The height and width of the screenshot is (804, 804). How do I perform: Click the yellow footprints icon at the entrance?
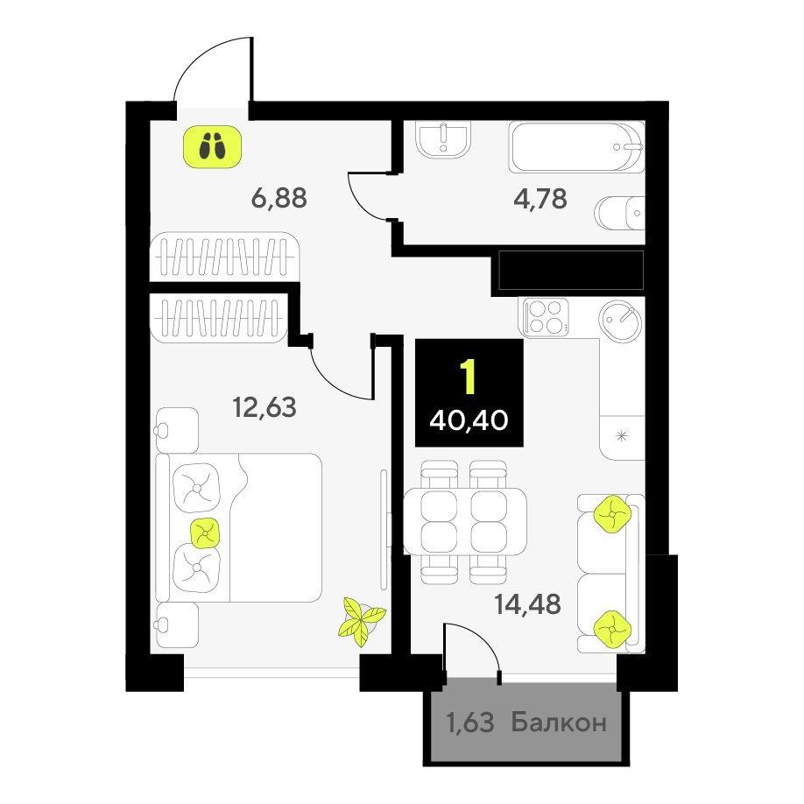[212, 146]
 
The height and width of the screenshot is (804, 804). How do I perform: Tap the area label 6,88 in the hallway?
[279, 197]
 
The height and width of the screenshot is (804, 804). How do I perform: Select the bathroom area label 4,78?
[540, 199]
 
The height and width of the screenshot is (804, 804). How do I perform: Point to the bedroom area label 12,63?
[264, 407]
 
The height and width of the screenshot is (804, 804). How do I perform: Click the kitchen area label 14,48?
[527, 604]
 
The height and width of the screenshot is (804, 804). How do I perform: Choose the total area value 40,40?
[469, 421]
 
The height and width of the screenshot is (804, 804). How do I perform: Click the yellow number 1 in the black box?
[469, 377]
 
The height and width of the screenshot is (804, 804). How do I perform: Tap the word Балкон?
[559, 723]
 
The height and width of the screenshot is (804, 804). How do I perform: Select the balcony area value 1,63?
[470, 723]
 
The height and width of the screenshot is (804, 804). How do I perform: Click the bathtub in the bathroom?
[575, 147]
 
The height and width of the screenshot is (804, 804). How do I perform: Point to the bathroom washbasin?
[443, 139]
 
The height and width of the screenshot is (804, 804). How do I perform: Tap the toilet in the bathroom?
[620, 213]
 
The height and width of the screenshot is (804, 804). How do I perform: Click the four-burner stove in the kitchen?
[546, 317]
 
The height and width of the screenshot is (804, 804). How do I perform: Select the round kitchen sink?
[621, 321]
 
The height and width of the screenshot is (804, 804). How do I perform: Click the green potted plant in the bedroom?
[361, 620]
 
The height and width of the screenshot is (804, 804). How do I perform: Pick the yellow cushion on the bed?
[206, 532]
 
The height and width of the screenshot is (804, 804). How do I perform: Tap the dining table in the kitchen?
[465, 521]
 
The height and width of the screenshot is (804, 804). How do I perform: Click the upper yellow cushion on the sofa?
[611, 514]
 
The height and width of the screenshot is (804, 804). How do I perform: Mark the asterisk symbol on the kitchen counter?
[621, 436]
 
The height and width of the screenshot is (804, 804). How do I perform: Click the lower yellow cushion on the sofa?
[611, 629]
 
